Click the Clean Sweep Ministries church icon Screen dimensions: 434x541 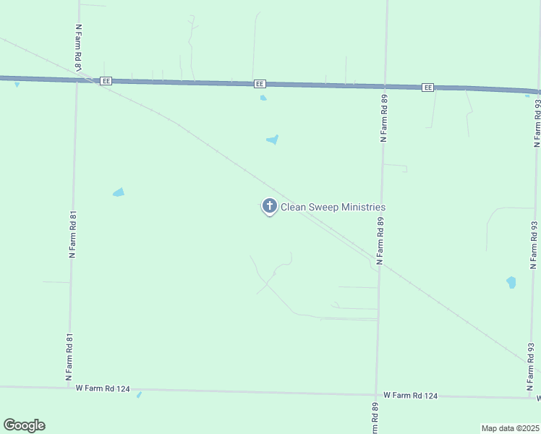[269, 207]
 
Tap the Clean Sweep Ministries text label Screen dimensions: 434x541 [333, 207]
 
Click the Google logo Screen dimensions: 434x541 [24, 425]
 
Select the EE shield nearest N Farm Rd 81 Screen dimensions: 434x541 [106, 81]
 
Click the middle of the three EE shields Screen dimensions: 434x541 [260, 84]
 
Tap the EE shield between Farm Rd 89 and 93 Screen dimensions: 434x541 [428, 88]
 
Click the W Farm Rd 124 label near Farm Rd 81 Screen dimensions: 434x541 [103, 388]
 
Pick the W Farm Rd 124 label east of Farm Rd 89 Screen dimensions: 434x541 [411, 395]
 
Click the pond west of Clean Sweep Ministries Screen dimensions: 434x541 [119, 192]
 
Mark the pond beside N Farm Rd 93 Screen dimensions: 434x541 [511, 282]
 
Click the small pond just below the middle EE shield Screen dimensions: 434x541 [263, 98]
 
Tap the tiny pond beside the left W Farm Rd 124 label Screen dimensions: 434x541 [139, 395]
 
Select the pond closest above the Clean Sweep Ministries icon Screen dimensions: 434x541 [273, 140]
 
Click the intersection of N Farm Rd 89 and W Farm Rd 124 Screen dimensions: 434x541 [376, 394]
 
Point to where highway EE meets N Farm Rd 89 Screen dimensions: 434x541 [385, 86]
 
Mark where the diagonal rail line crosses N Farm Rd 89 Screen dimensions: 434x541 [380, 265]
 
